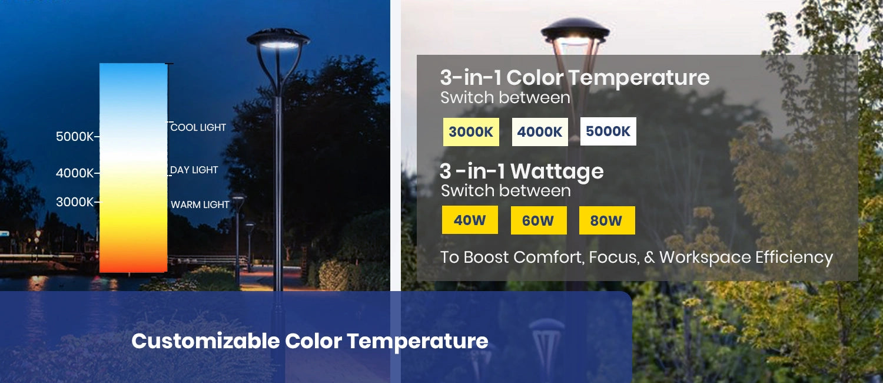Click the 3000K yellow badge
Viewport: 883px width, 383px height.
pos(471,132)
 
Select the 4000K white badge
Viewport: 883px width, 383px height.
pos(540,132)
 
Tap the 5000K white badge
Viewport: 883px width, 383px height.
pos(608,131)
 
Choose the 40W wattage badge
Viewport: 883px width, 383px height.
pos(470,220)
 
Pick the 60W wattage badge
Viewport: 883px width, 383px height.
pos(538,221)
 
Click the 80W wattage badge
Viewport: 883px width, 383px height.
pos(606,221)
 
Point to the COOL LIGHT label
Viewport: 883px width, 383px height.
pos(198,127)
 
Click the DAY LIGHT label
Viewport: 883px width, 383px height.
pos(194,170)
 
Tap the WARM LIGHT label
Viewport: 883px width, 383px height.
pos(200,204)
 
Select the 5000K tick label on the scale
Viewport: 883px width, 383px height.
pos(75,137)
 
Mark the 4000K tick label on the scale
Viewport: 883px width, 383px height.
pos(75,173)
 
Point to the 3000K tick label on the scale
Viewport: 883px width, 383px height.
pos(75,202)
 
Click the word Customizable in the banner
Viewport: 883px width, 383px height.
pos(205,341)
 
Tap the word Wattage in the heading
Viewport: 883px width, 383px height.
pos(557,171)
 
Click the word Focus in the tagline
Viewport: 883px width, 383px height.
pos(610,257)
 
